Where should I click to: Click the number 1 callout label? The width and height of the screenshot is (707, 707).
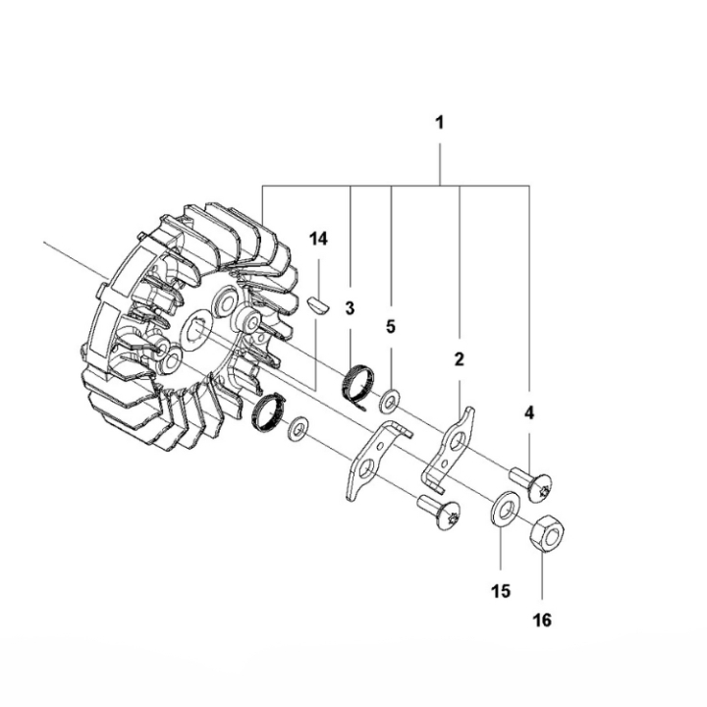point(440,124)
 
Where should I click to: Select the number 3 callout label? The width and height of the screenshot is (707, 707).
point(350,307)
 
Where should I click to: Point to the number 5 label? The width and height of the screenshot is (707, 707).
point(391,328)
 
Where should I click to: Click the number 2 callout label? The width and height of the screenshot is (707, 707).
point(458,359)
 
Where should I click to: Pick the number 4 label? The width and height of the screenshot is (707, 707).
point(529,413)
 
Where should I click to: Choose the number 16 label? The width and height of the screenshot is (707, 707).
point(541,620)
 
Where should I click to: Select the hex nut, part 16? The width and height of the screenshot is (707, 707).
point(545,536)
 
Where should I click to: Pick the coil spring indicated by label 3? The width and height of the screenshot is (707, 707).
point(360,381)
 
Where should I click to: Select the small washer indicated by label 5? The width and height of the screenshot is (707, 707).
point(391,401)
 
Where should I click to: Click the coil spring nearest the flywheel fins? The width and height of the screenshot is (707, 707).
point(269,411)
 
